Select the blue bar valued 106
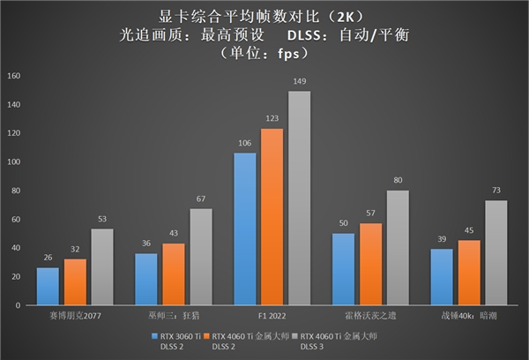pos(245,229)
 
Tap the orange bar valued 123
pos(272,217)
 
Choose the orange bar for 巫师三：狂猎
pos(174,274)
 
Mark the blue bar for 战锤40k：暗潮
pos(442,277)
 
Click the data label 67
pos(201,199)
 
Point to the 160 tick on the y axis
pos(12,76)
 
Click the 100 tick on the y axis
pos(12,161)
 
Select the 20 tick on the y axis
pos(14,276)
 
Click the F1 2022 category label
pos(272,313)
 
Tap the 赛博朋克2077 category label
pos(75,313)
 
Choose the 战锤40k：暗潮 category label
pos(469,313)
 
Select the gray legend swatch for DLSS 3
pos(295,335)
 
